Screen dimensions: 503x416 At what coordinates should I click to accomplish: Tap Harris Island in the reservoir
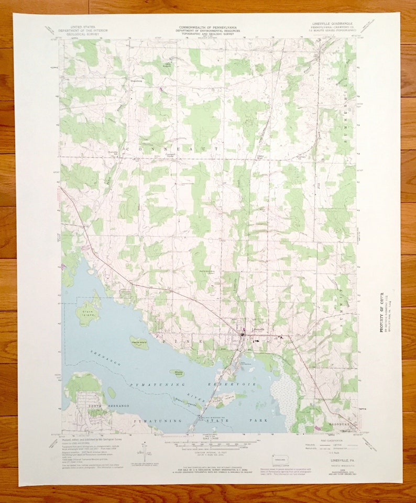tap(139, 343)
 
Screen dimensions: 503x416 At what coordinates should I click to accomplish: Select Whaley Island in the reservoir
tap(179, 373)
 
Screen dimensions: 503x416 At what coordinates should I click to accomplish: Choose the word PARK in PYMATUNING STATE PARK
tap(259, 420)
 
